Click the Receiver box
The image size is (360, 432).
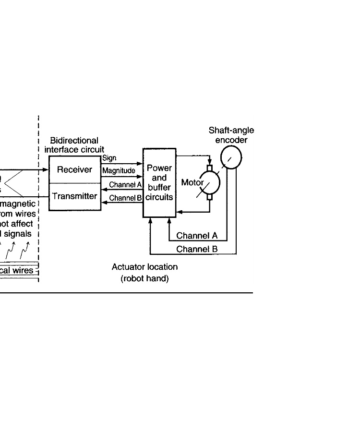coord(74,169)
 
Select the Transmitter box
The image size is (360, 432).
coord(74,196)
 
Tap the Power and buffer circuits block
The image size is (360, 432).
coord(159,183)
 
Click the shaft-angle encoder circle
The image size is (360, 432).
coord(231,157)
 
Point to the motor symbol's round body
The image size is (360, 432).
coord(210,182)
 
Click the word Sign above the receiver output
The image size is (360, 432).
coord(109,158)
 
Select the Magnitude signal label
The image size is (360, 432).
coord(119,170)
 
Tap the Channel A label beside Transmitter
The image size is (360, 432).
coord(125,184)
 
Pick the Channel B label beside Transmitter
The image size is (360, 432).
coord(125,198)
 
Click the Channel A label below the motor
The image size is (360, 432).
coord(197,236)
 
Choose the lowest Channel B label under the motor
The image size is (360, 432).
coord(197,249)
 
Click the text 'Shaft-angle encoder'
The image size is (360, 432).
coord(231,135)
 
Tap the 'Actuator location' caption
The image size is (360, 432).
coord(144,267)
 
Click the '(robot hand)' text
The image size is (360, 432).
coord(144,278)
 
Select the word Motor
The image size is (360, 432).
coord(192,182)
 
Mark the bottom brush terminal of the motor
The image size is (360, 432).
coord(209,197)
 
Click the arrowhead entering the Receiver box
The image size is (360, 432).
coord(46,170)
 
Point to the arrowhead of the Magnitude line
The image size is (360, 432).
coord(140,176)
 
